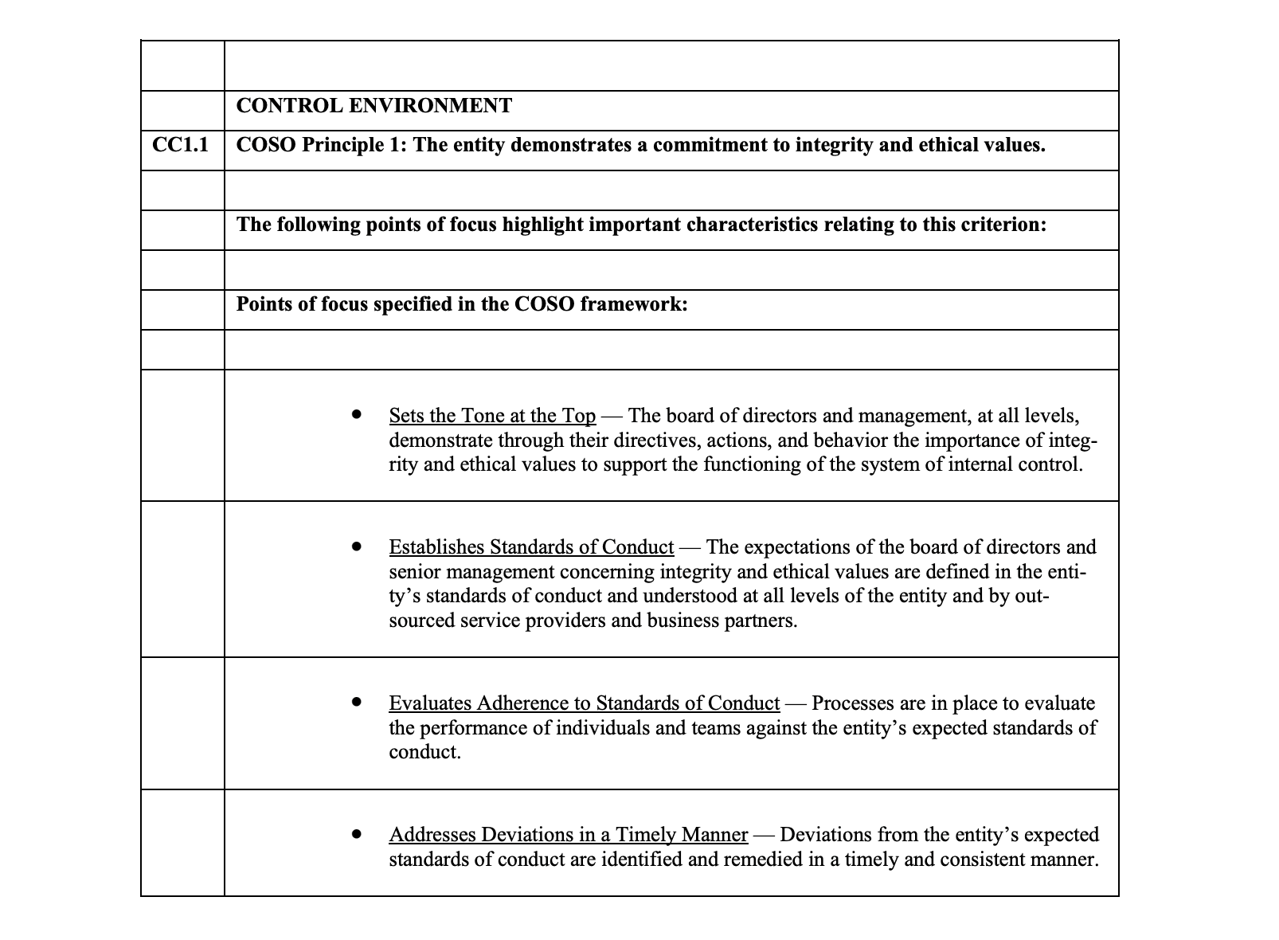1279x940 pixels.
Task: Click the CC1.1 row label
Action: pyautogui.click(x=180, y=145)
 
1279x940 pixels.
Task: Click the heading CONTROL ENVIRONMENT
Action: pyautogui.click(x=374, y=106)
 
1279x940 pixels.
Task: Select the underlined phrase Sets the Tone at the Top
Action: pyautogui.click(x=492, y=416)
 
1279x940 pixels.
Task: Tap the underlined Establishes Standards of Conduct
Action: pyautogui.click(x=531, y=547)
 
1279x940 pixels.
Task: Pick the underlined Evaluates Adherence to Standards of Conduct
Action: pyautogui.click(x=584, y=703)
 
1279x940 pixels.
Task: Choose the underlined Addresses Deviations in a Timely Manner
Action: pyautogui.click(x=568, y=835)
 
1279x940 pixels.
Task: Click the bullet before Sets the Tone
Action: pyautogui.click(x=357, y=415)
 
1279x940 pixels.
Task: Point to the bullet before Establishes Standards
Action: pyautogui.click(x=357, y=546)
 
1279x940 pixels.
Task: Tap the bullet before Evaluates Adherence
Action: pyautogui.click(x=357, y=703)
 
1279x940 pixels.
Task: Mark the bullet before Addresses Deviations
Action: pyautogui.click(x=357, y=834)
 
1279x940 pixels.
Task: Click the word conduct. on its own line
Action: pyautogui.click(x=424, y=753)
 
